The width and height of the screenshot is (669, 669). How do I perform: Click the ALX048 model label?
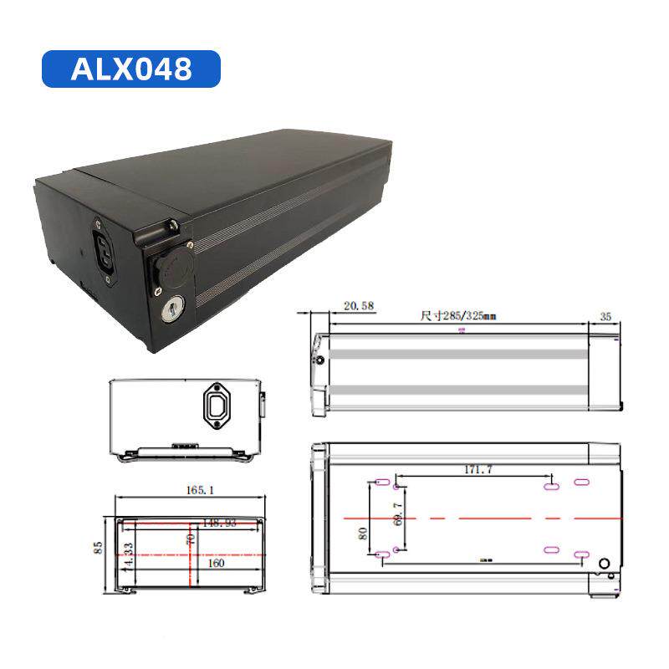click(x=130, y=69)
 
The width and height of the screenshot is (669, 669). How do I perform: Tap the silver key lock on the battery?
click(x=172, y=311)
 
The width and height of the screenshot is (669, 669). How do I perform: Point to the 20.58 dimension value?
click(x=357, y=307)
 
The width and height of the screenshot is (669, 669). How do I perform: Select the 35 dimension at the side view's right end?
click(x=605, y=317)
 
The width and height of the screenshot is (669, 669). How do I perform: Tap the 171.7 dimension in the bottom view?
click(x=477, y=470)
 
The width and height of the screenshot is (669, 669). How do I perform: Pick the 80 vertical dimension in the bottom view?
click(x=363, y=533)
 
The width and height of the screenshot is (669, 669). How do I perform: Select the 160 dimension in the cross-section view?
click(x=217, y=564)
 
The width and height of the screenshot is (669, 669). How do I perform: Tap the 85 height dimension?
click(x=99, y=549)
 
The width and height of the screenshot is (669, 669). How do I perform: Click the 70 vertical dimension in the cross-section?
click(x=192, y=540)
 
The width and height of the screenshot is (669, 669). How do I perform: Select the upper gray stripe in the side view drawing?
click(x=458, y=355)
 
